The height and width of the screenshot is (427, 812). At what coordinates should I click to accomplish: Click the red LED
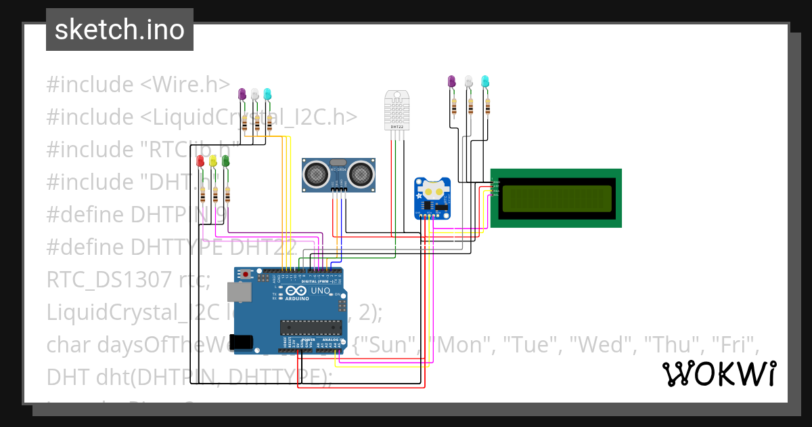(200, 161)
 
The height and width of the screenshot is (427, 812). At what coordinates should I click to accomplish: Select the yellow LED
(212, 161)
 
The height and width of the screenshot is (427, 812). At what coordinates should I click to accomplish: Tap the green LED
(225, 161)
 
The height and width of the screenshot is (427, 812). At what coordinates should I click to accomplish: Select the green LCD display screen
(556, 198)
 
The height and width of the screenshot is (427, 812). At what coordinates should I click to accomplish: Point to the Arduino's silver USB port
(239, 292)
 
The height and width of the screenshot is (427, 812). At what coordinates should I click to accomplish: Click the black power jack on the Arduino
(243, 342)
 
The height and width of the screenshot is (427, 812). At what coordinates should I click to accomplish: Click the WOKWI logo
(719, 373)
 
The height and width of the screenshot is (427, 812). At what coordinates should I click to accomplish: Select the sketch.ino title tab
(120, 30)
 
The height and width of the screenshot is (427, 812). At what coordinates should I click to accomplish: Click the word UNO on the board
(321, 291)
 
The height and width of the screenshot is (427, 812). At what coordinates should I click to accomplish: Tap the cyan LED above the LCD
(484, 81)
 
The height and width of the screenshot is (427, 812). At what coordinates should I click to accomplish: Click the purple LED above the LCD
(452, 81)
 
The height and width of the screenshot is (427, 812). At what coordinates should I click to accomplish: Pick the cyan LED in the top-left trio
(267, 94)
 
